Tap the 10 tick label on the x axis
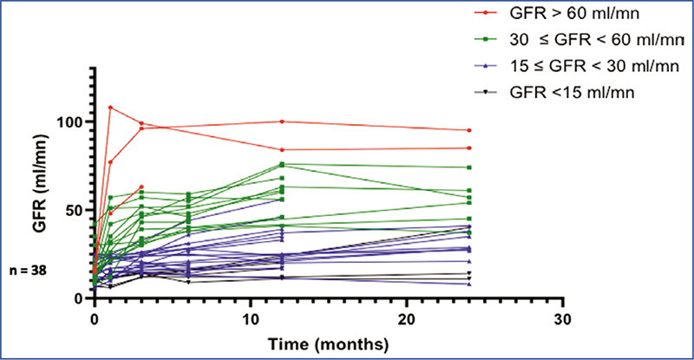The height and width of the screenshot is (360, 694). pos(250,318)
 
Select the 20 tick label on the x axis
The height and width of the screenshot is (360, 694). pos(407,318)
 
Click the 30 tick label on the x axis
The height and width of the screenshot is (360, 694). pos(563,318)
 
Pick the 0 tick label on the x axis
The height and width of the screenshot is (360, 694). pos(94,318)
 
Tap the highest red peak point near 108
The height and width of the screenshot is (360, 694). pos(110,108)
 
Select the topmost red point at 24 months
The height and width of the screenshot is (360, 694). pos(469,130)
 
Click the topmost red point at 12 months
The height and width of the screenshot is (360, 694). pos(282,121)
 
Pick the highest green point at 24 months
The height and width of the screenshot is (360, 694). pos(469,167)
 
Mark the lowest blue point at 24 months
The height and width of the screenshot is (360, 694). pos(469,284)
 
